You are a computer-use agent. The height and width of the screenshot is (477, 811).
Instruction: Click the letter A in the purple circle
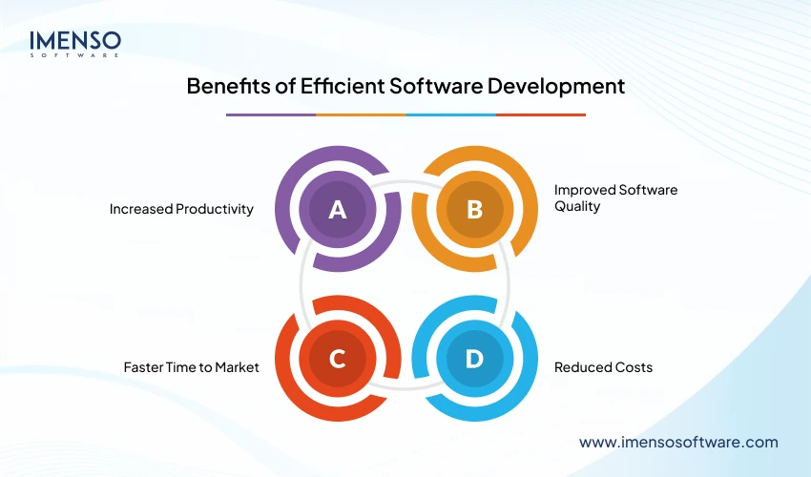337,210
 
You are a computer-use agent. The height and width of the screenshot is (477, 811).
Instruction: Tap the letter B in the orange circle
474,210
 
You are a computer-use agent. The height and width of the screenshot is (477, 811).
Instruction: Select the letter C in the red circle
337,359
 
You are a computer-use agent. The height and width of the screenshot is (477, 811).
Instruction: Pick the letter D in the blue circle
474,359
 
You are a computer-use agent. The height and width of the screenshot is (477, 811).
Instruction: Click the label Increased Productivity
181,209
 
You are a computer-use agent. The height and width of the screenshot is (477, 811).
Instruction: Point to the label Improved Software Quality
615,197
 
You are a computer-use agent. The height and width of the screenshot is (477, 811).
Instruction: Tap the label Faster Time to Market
191,366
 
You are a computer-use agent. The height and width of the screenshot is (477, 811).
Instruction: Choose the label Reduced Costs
603,366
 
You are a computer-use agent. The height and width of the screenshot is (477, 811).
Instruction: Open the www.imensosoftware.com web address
678,442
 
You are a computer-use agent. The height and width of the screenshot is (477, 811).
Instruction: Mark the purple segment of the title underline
270,114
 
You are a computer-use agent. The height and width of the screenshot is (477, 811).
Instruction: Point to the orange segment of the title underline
361,114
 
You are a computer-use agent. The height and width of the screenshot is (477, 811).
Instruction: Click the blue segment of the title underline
450,114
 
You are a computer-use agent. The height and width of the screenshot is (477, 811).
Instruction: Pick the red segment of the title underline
541,114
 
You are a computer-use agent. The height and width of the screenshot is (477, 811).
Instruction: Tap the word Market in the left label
236,366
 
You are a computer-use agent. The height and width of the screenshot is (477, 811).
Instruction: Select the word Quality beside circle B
577,206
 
